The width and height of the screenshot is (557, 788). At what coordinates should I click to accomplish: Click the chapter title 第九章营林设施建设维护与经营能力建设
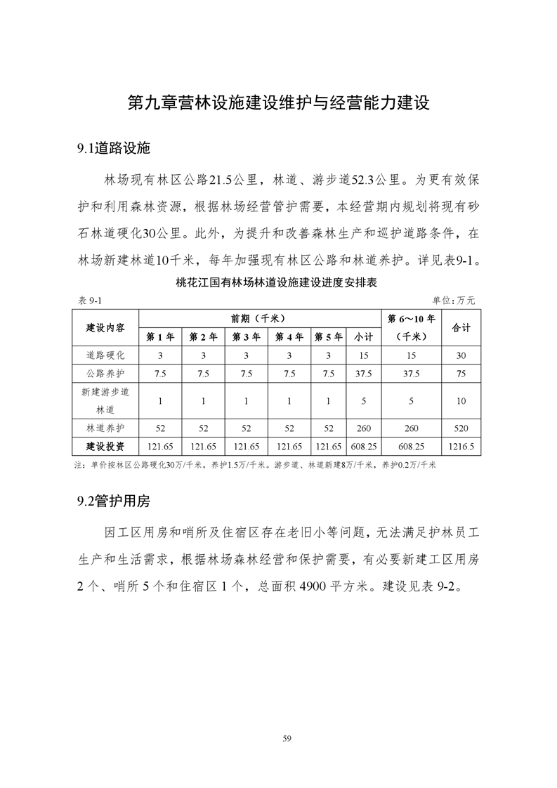click(278, 103)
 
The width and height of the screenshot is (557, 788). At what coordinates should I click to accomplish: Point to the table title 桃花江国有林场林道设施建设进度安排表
click(277, 284)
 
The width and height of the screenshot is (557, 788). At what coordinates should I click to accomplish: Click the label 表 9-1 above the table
click(89, 300)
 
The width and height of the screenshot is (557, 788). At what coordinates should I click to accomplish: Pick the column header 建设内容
click(106, 327)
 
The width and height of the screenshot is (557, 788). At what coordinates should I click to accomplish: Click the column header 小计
click(363, 337)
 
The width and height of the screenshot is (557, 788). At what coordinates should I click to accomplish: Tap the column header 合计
click(461, 327)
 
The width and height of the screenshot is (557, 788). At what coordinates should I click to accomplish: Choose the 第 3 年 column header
click(247, 337)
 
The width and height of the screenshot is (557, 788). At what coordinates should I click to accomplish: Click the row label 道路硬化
click(106, 356)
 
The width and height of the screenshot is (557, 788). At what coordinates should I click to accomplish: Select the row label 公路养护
click(106, 374)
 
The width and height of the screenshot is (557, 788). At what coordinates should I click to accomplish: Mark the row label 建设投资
click(106, 446)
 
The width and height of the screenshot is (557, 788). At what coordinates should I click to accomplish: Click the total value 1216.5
click(461, 446)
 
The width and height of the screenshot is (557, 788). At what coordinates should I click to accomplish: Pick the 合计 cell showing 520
click(461, 428)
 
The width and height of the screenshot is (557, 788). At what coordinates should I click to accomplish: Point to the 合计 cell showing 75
click(461, 374)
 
